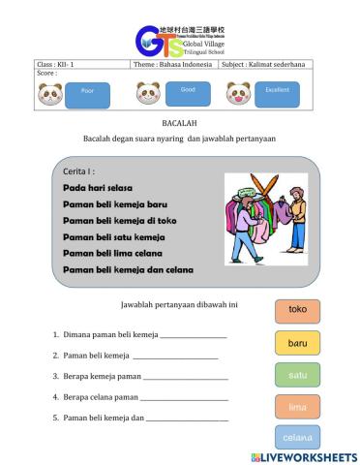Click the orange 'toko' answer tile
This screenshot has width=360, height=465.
click(x=297, y=310)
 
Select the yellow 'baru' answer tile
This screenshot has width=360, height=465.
click(x=297, y=343)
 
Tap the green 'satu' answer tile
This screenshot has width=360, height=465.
click(x=297, y=375)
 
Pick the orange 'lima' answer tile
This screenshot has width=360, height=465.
click(x=297, y=407)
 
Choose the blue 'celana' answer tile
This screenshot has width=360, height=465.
click(x=297, y=438)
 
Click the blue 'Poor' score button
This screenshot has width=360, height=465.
click(x=87, y=95)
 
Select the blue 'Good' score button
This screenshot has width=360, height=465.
click(x=188, y=92)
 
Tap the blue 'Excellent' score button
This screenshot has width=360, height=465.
click(x=277, y=93)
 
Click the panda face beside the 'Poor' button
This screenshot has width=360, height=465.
click(x=50, y=94)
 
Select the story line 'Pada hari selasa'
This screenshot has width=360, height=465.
click(x=98, y=187)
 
